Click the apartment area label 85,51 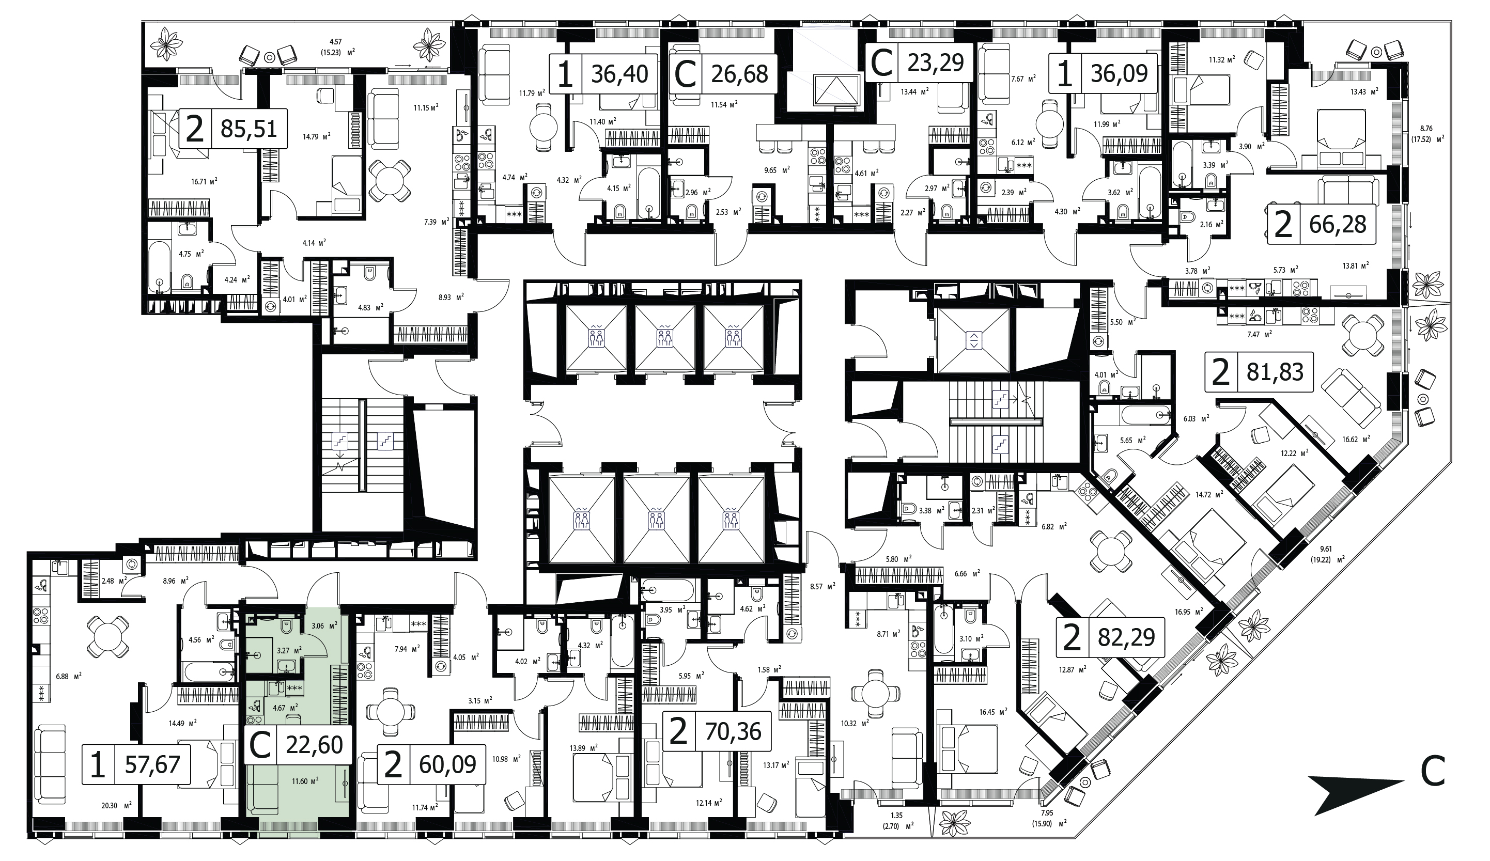point(249,128)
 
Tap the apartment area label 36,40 point(619,74)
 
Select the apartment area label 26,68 point(739,74)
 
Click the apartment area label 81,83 point(1275,372)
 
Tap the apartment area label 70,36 point(733,731)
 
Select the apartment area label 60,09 point(447,765)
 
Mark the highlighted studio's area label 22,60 point(314,745)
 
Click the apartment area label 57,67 point(152,765)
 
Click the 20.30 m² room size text point(116,804)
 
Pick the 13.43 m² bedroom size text point(1358,91)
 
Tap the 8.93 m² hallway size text point(451,297)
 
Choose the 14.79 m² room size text point(316,135)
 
